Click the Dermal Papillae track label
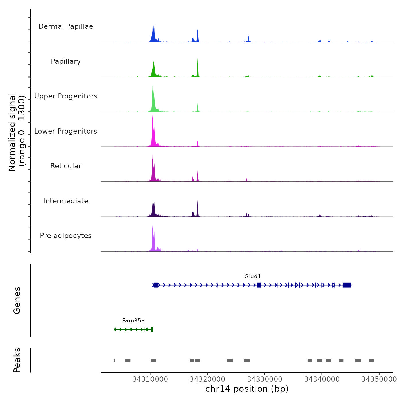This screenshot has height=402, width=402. pos(66,26)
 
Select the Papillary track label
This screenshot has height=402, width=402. pos(66,61)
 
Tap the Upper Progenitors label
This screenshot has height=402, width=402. pos(66,96)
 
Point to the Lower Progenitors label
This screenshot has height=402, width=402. pos(66,131)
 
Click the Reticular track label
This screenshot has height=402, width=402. pos(66,166)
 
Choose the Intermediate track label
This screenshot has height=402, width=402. pos(66,201)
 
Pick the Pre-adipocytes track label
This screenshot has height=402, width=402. pos(66,236)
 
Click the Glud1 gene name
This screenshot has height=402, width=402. pos(252,277)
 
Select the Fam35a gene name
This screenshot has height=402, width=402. pos(133,321)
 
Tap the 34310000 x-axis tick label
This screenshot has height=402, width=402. pos(150,379)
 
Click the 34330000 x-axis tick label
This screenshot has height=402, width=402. pos(264,379)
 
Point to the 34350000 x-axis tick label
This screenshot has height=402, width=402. pos(379,379)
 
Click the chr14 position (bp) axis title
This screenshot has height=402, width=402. pos(247,389)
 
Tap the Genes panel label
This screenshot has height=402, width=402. pos(17,300)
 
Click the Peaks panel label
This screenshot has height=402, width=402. pos(17,360)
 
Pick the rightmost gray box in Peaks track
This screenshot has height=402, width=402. pos(371,360)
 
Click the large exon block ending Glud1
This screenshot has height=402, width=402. pos(347,285)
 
